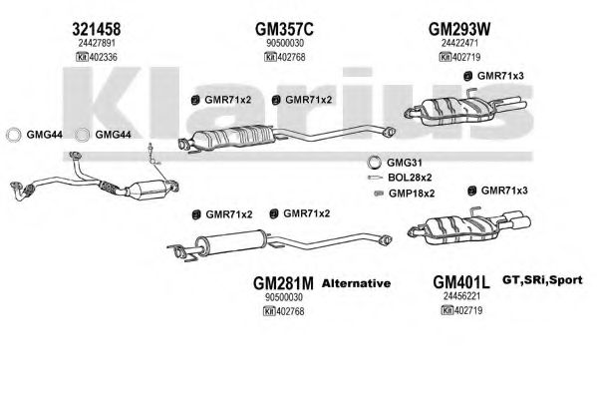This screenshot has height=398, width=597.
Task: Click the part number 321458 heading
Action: pos(97,29)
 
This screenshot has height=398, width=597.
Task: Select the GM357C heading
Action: pos(284,29)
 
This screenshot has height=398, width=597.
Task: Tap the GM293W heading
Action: pos(459,29)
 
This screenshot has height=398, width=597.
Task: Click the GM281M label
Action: pos(283,283)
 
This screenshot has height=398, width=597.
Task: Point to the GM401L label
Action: pos(461,282)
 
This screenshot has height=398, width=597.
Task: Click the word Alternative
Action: pos(356,283)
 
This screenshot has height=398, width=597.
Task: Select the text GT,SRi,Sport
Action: pos(542,280)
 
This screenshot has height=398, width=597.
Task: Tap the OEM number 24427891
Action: pos(97,43)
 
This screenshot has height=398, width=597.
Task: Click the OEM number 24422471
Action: pos(459,43)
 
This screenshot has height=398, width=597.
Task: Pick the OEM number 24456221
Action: pos(461,296)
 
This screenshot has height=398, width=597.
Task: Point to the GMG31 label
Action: pos(405,163)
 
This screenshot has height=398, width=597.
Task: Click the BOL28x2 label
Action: pos(410,178)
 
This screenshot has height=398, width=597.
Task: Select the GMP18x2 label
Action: pos(412,194)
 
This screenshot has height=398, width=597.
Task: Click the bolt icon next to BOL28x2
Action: pos(375,178)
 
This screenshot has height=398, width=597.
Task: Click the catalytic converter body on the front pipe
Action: pos(147,189)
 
